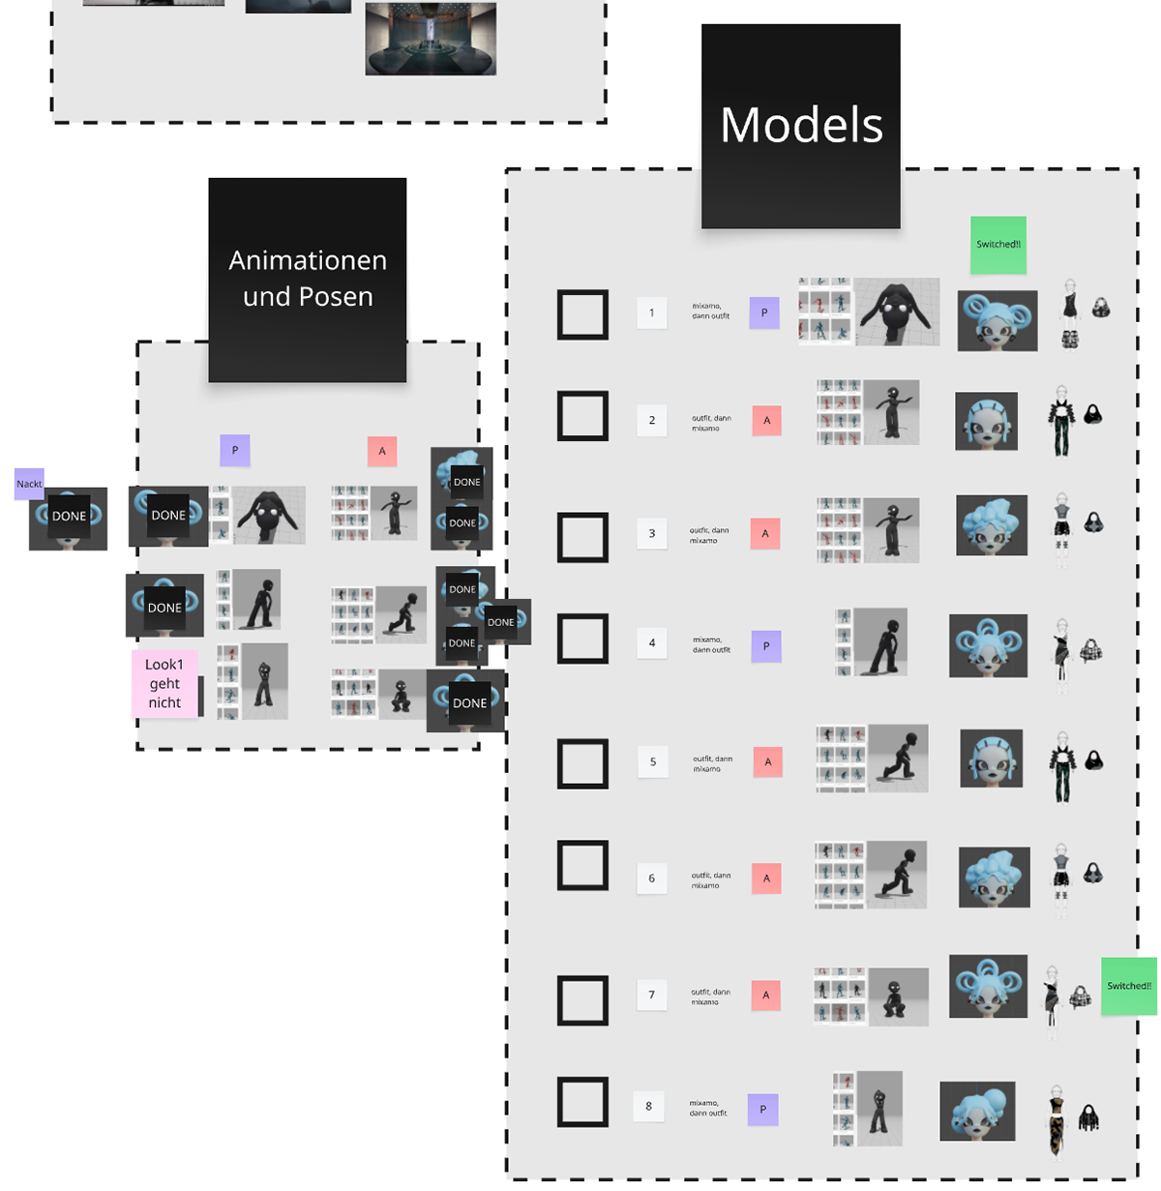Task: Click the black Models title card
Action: [800, 126]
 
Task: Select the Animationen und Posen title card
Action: [308, 279]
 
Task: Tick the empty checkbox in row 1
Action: [582, 314]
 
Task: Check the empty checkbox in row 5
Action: [582, 763]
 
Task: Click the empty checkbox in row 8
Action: [582, 1102]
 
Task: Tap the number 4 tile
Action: [652, 643]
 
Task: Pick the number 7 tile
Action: [652, 995]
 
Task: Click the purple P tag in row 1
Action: [764, 313]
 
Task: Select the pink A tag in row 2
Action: [766, 421]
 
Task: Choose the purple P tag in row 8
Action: [762, 1110]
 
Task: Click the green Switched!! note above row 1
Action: [998, 245]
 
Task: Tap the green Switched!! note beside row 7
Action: [1129, 986]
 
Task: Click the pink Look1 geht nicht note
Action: [164, 683]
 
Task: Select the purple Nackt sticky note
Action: [29, 484]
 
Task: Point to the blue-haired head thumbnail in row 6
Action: [994, 877]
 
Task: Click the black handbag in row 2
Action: [1093, 414]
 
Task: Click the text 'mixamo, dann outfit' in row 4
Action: [711, 644]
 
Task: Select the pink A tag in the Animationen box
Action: [382, 451]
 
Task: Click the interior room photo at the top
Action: [431, 39]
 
